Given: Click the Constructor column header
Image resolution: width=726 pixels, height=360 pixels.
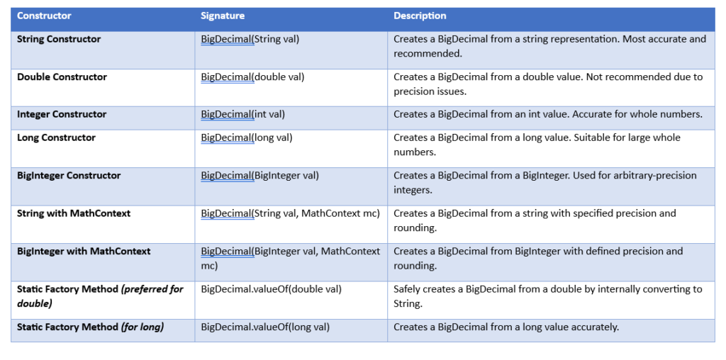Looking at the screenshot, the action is [x=44, y=16].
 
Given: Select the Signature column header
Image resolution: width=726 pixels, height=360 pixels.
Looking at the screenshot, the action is [x=223, y=16].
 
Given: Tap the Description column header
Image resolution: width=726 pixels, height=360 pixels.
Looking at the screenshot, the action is [x=420, y=16].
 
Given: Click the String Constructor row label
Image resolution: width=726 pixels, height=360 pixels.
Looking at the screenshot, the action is [x=59, y=40].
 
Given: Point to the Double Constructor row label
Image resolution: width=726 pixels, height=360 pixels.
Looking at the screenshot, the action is [x=62, y=77].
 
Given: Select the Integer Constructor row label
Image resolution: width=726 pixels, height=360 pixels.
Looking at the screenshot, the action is [x=62, y=114].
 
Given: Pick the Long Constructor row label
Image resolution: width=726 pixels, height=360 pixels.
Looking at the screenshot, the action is [x=57, y=138].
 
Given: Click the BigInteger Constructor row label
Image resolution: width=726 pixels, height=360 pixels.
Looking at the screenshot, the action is [x=69, y=176].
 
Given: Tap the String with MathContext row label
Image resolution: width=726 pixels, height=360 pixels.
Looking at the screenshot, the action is [x=74, y=213].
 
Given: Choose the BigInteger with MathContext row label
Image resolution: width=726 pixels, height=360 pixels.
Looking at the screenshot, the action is [x=84, y=252].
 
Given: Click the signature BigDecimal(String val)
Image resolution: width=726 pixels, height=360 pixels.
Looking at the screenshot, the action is [x=250, y=40].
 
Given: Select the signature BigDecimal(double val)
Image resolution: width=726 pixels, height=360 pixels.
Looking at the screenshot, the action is [x=253, y=77].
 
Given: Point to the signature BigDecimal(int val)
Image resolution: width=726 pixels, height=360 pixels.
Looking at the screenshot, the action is [x=243, y=114].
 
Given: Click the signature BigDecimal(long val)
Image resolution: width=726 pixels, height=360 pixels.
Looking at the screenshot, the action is [x=247, y=138].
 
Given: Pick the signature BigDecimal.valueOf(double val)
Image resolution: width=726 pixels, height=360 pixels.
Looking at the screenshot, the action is [x=272, y=289].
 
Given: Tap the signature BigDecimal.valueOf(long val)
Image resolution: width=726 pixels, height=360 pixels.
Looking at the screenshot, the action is [x=265, y=327].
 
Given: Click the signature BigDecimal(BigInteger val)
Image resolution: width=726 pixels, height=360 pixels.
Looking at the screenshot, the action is [x=259, y=176].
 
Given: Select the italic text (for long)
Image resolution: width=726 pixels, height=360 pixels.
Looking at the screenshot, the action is [x=143, y=327].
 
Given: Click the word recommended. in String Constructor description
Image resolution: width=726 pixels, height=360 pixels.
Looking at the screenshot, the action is [x=428, y=54].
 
